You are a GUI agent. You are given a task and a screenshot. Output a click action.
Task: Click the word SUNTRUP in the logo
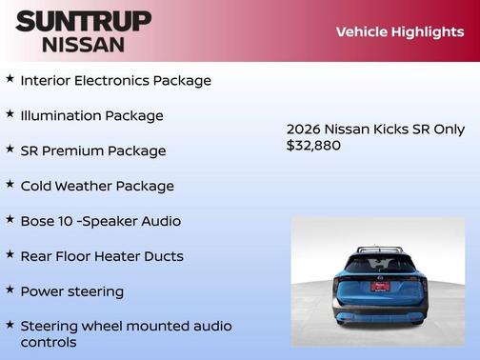(x=83, y=21)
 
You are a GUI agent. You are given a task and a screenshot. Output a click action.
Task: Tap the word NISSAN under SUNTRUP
(x=83, y=44)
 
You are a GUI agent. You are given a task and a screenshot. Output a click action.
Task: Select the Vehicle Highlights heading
(x=399, y=32)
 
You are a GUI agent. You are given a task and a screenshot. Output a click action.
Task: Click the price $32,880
(x=313, y=146)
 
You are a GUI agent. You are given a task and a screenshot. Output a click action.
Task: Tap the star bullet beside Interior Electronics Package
(x=10, y=79)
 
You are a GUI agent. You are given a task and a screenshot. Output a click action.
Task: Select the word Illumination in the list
(x=60, y=115)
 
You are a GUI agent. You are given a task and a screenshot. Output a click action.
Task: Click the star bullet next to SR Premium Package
(x=10, y=150)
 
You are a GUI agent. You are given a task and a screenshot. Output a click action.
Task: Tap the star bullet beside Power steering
(x=10, y=290)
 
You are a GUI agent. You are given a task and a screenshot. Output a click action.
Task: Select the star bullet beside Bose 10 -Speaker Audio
(x=10, y=220)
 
